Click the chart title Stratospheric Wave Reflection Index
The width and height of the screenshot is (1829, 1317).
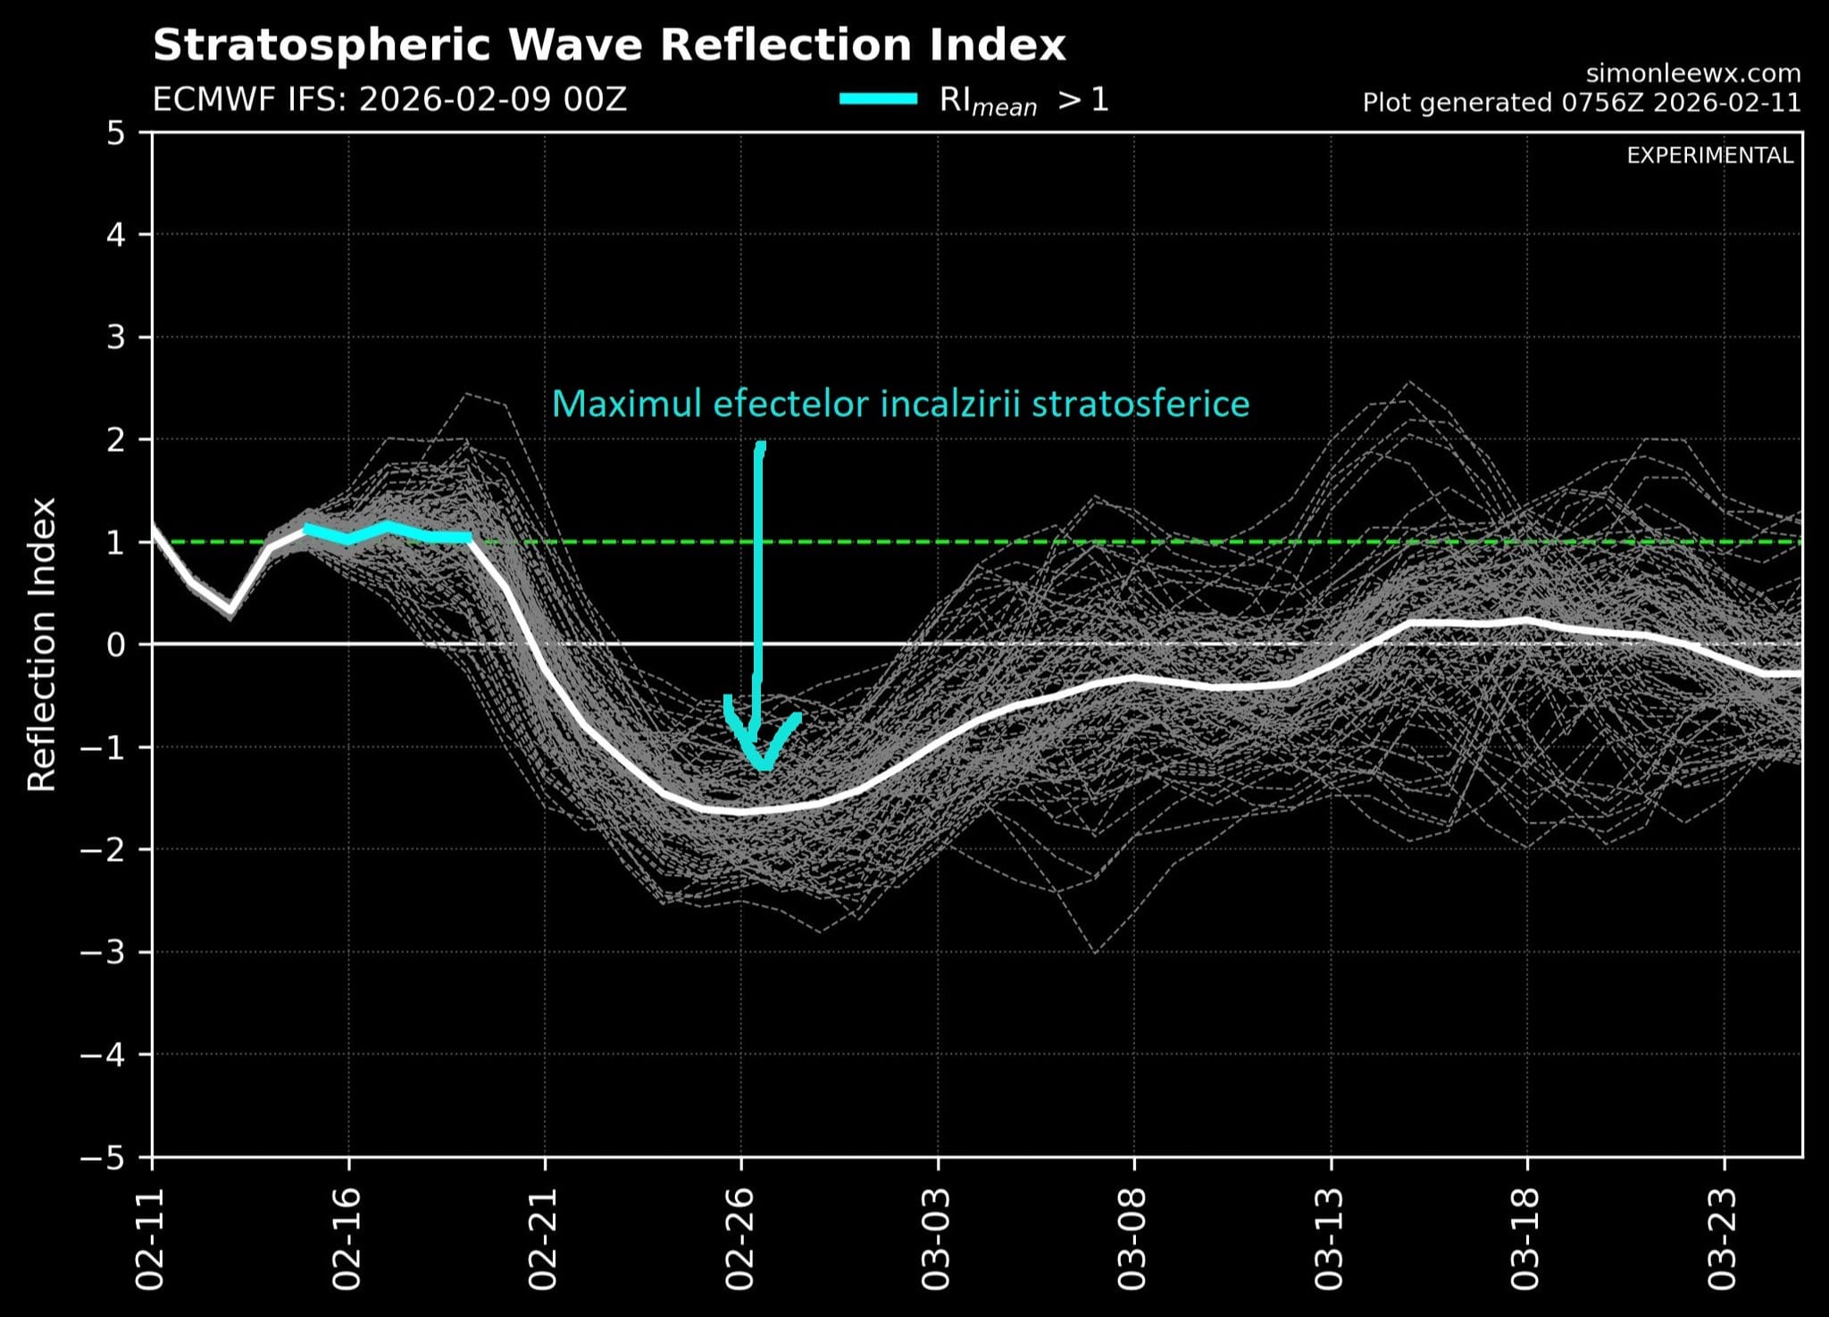click(609, 45)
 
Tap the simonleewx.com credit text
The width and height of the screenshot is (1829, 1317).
click(1693, 73)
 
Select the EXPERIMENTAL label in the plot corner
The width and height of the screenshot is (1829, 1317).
click(1709, 155)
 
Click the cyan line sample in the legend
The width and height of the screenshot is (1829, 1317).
click(879, 99)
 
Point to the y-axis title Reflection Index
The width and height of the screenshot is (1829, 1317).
click(42, 644)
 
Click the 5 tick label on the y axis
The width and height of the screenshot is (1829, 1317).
click(116, 134)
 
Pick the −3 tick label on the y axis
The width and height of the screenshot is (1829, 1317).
click(104, 952)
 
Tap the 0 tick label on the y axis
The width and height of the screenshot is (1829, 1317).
click(116, 645)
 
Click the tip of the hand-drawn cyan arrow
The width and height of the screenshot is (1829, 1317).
click(764, 766)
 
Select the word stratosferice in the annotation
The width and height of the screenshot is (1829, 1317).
click(1140, 404)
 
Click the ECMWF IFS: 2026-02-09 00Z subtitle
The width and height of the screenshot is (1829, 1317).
click(389, 99)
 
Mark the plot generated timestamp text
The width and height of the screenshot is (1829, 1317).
click(1581, 103)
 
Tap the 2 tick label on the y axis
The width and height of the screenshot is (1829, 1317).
click(116, 439)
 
